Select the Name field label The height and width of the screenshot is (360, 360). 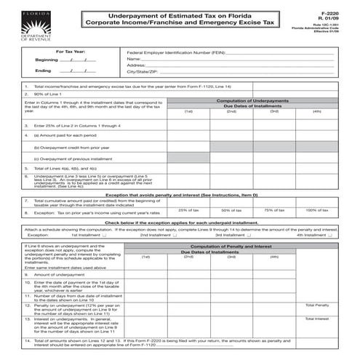133,59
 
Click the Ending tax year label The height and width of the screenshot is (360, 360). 43,71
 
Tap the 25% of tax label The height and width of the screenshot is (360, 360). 188,209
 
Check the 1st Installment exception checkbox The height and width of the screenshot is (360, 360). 105,236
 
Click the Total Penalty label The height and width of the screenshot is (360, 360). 318,305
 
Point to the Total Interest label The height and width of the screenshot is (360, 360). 318,319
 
